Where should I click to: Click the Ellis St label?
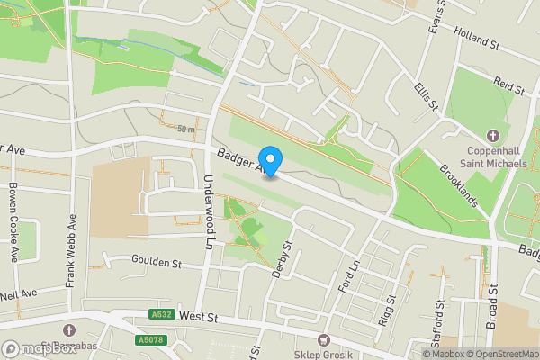coord(426,96)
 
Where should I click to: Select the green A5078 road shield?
coord(150,339)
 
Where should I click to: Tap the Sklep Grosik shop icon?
coord(324,340)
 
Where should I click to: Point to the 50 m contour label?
coord(185,130)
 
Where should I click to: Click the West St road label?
coord(199,317)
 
